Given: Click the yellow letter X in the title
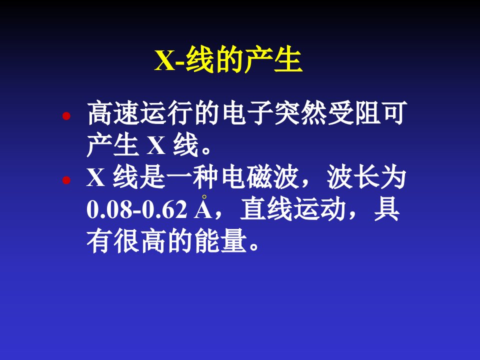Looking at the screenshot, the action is point(165,60).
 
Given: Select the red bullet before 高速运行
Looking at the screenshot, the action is point(66,116).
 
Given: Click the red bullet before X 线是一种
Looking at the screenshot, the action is point(66,180).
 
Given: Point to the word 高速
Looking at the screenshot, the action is point(113,113).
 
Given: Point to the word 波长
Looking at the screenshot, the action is point(353,177).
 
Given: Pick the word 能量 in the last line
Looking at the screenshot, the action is point(220,241).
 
